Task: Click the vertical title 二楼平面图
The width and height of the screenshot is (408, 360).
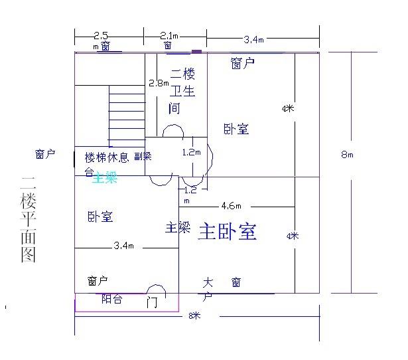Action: [27, 219]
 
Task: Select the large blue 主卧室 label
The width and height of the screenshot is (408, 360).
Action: [228, 232]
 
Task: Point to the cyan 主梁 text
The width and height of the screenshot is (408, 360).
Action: [104, 177]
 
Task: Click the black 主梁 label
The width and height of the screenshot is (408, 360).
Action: [177, 228]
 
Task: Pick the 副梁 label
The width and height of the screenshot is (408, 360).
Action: [143, 157]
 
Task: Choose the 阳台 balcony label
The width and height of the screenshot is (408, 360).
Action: [111, 299]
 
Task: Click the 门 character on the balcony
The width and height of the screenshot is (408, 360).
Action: [152, 303]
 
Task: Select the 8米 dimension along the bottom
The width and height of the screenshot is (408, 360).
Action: [194, 316]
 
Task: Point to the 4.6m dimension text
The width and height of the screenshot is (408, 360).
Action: [231, 205]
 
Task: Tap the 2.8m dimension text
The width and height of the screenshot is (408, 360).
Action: [158, 83]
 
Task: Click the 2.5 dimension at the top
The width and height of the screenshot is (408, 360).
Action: [102, 35]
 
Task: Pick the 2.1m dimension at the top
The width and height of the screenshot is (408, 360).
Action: [169, 35]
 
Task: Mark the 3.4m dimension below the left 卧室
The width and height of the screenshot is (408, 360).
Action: [124, 246]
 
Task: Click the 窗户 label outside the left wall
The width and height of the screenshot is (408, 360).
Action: [45, 154]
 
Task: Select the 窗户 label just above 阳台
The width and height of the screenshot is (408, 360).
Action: [98, 280]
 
